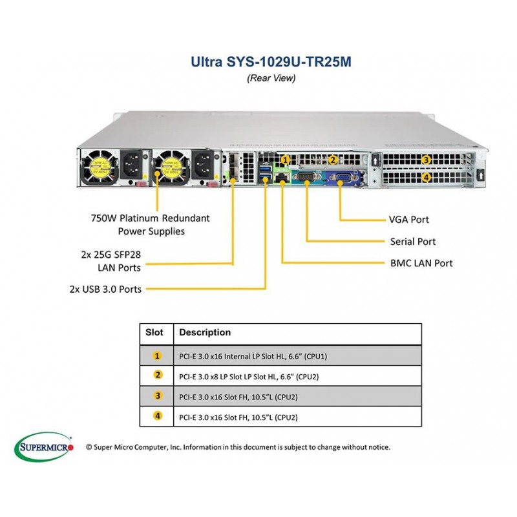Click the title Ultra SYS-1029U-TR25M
pos(271,61)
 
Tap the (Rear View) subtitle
pos(271,78)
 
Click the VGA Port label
pos(409,220)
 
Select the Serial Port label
pos(413,241)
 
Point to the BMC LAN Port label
pos(421,263)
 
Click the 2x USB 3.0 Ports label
pos(105,289)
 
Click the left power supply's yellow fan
pos(100,167)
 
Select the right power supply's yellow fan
pos(171,167)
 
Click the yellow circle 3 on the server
pos(427,160)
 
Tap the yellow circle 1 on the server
pos(286,160)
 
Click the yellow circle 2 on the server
pos(333,160)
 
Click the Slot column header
pos(154,332)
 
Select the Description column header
pos(205,332)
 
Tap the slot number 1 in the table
pos(157,356)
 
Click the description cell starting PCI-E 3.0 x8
pos(249,377)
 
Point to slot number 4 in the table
pos(158,416)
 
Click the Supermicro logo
pos(44,447)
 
